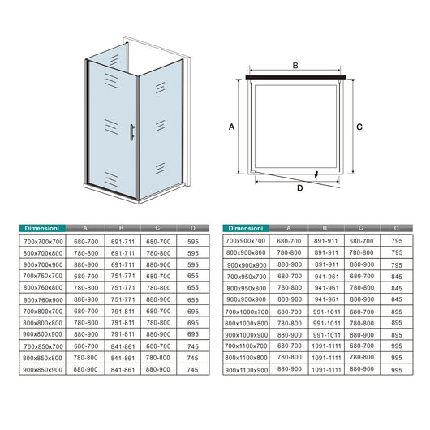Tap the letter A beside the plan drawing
click(232, 127)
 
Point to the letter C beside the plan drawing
click(359, 127)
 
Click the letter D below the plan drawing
click(299, 187)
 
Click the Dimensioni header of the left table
click(41, 229)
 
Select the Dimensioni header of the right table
click(247, 229)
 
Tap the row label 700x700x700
click(42, 241)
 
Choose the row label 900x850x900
click(42, 370)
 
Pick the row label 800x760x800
click(42, 287)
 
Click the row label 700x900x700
click(247, 241)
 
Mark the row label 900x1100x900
click(247, 370)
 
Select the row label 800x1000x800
click(247, 323)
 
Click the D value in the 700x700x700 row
click(191, 241)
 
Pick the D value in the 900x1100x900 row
click(396, 370)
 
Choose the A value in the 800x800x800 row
click(85, 323)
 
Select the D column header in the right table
click(396, 229)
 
